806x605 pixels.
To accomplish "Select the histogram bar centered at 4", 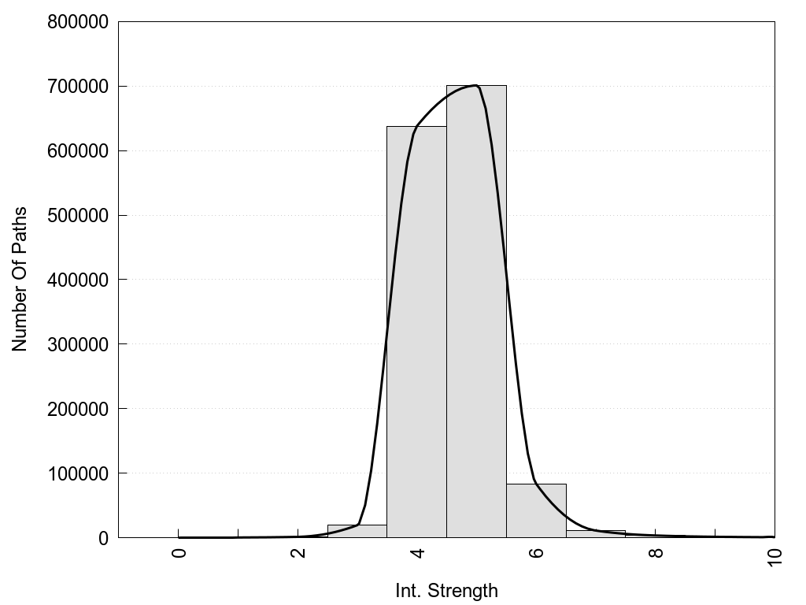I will (x=416, y=332).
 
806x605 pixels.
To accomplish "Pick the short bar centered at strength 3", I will (x=357, y=531).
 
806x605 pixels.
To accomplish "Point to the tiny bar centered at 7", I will (x=596, y=534).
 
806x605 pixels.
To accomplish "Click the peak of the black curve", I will (x=475, y=85).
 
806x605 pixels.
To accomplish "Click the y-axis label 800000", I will (x=77, y=21).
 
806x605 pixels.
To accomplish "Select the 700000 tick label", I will (x=77, y=86).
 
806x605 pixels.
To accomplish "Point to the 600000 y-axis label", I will (x=77, y=150).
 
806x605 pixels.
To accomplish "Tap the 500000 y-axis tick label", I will (x=77, y=215).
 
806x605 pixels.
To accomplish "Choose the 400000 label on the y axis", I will (x=77, y=280).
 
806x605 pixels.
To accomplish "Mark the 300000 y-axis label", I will (x=77, y=344).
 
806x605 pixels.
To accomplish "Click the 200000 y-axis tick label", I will (x=77, y=409).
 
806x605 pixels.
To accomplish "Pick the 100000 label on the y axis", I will (x=77, y=473).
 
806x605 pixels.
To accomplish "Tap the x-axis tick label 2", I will (x=298, y=552).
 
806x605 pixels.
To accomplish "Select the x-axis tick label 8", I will (x=656, y=552).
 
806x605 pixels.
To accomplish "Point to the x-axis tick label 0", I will (x=179, y=552).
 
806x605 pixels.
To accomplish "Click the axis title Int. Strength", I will (x=446, y=591).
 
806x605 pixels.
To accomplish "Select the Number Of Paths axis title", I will (x=20, y=280).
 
